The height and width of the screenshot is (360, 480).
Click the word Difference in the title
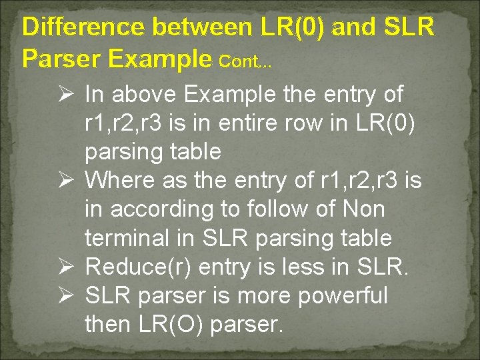[83, 27]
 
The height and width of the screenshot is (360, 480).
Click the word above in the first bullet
[145, 95]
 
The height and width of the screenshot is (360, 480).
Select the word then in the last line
[107, 324]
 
